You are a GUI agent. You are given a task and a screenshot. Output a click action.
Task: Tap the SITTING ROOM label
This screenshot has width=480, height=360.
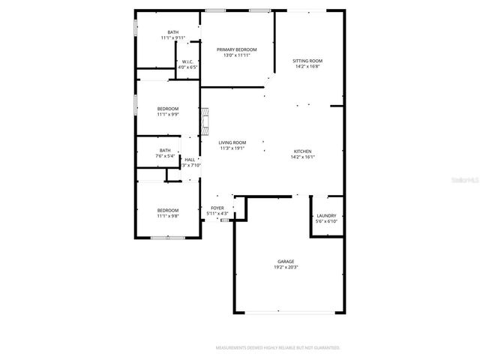307,60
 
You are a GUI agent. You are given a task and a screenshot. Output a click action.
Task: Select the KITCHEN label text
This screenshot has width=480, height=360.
303,151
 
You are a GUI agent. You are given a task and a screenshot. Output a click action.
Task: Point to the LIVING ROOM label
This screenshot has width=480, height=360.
232,142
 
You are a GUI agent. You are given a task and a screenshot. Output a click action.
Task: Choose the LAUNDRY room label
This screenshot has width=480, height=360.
326,215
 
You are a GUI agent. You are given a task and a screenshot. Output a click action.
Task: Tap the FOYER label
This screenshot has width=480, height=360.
217,208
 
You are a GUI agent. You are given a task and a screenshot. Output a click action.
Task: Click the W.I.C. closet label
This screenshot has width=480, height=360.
187,61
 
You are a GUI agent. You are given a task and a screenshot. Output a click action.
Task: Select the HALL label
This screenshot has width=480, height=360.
190,159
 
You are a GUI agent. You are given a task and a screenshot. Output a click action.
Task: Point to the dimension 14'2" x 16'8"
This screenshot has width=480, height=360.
307,66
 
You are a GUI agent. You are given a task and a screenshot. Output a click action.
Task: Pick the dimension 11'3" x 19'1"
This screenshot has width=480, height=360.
232,148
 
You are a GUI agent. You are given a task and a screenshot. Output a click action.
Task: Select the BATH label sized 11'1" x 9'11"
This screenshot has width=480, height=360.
173,31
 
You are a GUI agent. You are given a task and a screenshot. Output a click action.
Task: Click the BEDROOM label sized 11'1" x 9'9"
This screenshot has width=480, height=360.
168,109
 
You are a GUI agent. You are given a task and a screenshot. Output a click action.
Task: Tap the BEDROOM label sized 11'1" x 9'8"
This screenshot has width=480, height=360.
168,210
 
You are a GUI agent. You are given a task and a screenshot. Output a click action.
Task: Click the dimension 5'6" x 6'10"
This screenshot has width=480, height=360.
326,221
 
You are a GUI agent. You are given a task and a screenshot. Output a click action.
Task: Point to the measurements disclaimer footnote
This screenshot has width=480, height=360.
277,348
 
